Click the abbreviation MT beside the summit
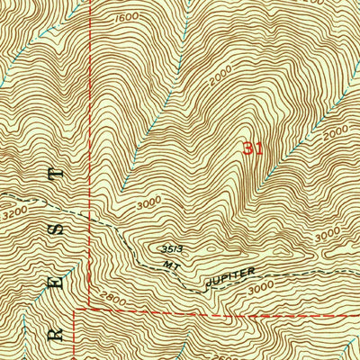tap(174, 264)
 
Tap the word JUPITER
tap(234, 276)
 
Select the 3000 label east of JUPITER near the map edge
tap(328, 232)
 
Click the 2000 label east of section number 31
tap(335, 132)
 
